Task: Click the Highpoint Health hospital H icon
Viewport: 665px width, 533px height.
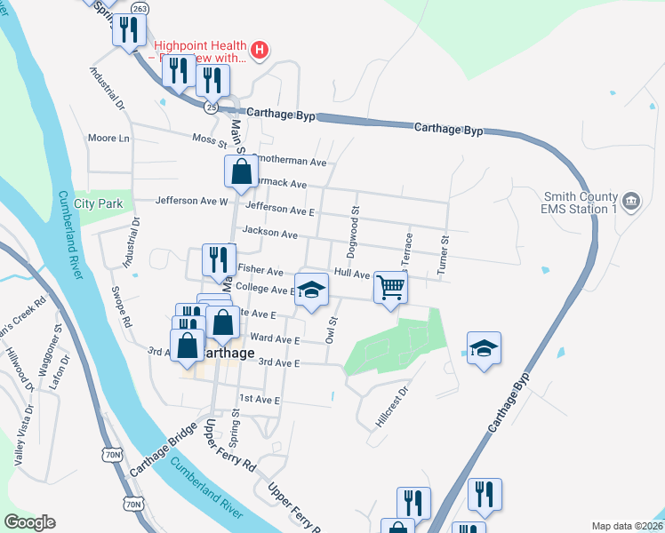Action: pos(259,49)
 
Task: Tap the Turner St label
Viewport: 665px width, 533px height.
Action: pos(442,252)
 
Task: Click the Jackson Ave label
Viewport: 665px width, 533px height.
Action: pos(270,233)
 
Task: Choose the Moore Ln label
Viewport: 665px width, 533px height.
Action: pos(108,139)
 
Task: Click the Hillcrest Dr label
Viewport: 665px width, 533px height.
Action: pos(391,407)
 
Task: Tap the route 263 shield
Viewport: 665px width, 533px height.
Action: pos(140,8)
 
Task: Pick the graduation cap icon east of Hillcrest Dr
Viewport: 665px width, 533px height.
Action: pos(484,348)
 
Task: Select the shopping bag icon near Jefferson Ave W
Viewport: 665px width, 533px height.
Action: pos(241,171)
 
